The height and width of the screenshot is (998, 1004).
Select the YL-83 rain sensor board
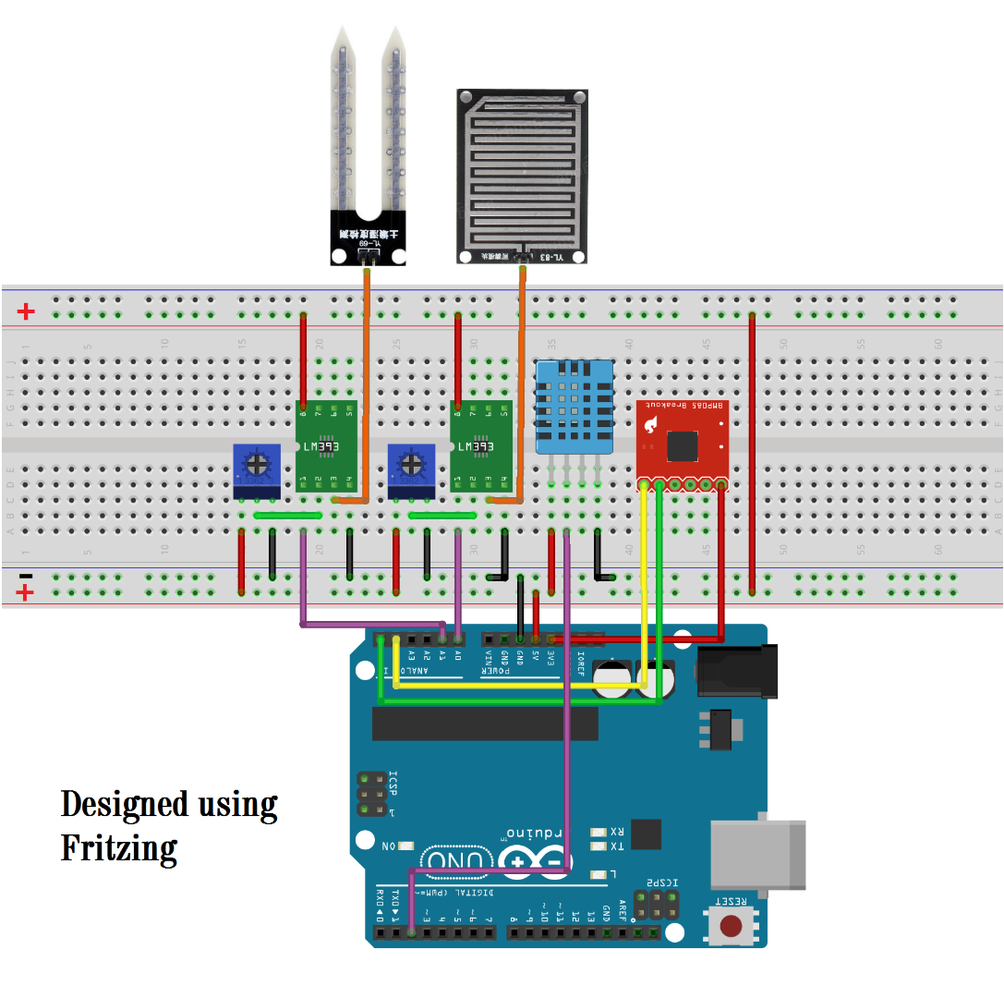tap(523, 176)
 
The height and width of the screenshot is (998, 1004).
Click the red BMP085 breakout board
tap(682, 444)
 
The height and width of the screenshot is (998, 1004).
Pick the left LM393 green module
tap(326, 447)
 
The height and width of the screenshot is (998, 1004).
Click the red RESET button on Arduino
tap(732, 925)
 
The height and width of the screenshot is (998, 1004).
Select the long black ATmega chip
tap(484, 723)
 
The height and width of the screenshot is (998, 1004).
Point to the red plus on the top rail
tap(26, 312)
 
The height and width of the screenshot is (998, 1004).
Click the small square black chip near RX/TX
tap(647, 834)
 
